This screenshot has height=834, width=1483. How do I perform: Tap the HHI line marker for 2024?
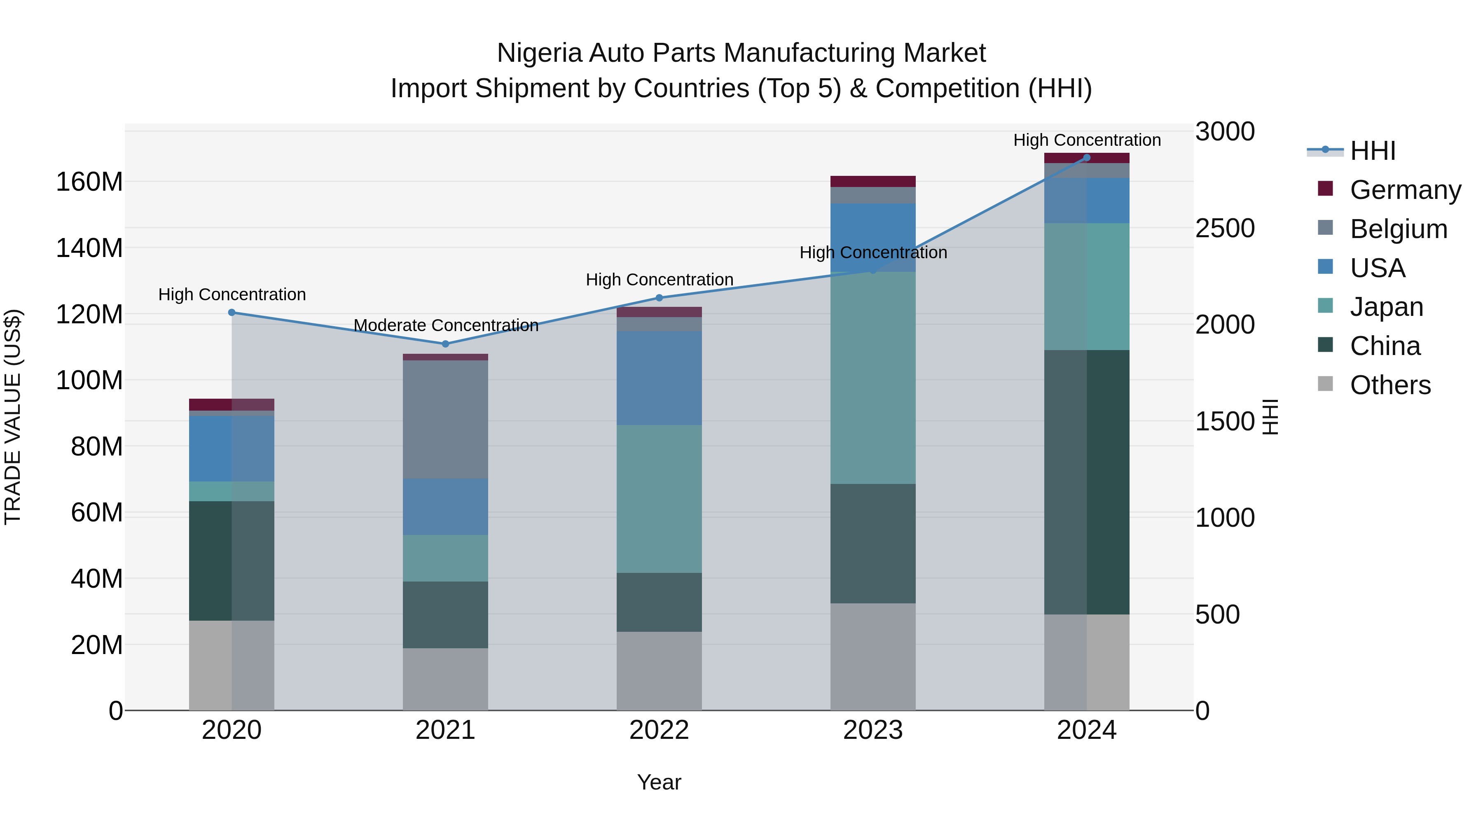point(1087,158)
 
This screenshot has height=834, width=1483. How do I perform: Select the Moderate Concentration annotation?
point(446,325)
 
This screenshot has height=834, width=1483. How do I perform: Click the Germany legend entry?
point(1405,190)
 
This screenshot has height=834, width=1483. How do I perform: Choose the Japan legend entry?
point(1386,307)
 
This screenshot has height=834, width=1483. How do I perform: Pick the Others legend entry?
point(1390,385)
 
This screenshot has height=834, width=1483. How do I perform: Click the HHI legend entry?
point(1373,151)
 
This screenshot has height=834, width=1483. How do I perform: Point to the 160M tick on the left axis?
point(89,182)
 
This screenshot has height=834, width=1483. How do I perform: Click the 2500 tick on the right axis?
point(1225,229)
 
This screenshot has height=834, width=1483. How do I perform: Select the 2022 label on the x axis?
point(659,730)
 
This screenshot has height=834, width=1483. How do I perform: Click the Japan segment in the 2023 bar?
point(873,378)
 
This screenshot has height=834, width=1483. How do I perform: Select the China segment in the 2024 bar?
point(1087,482)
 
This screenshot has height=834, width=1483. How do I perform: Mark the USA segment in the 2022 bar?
point(659,378)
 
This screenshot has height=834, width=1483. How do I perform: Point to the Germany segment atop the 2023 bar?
point(873,181)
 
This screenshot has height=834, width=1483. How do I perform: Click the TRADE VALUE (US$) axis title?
point(13,417)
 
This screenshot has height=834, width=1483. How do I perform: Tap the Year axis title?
point(659,782)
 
